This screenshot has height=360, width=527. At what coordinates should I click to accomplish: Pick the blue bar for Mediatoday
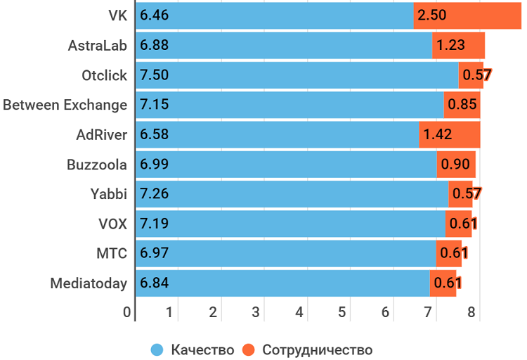click(x=282, y=283)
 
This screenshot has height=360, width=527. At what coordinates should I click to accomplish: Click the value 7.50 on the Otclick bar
click(x=155, y=75)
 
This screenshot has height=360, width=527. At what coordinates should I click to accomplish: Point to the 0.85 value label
click(x=462, y=105)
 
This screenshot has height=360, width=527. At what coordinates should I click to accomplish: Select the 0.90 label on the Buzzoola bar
click(x=455, y=165)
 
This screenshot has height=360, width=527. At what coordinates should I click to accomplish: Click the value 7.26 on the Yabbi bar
click(x=155, y=194)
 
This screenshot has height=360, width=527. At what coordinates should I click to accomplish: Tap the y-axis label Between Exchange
click(x=65, y=105)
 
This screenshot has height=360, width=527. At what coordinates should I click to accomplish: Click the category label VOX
click(x=112, y=224)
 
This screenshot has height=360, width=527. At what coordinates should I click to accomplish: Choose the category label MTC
click(x=112, y=254)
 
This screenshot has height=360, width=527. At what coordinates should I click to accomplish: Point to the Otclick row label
click(x=105, y=75)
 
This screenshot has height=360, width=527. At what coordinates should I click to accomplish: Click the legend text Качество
click(x=202, y=349)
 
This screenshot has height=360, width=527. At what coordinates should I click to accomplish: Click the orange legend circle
click(x=248, y=349)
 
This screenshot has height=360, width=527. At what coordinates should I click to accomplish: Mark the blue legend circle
click(x=157, y=349)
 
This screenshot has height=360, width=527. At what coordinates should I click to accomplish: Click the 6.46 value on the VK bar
click(x=155, y=15)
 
